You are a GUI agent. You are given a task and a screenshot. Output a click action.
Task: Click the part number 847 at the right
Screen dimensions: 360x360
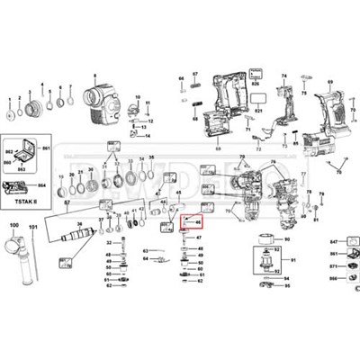(332, 244)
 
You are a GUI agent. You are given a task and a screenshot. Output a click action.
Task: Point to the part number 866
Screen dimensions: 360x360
(332, 279)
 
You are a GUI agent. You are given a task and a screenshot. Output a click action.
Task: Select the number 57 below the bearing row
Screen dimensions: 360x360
(65, 204)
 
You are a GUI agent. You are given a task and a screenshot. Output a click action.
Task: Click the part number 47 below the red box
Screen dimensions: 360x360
(199, 238)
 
